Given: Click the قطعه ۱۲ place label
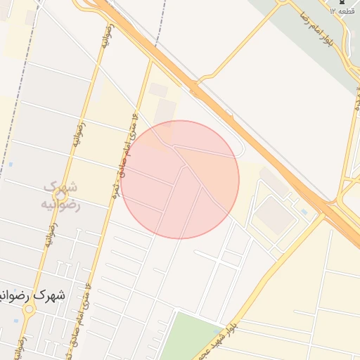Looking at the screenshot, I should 343,12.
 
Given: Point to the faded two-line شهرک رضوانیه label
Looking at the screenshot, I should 62,195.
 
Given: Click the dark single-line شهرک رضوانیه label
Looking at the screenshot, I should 32,296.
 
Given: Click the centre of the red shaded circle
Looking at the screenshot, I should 180,179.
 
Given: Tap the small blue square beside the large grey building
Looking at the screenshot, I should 303,211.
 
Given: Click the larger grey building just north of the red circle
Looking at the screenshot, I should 165,110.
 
